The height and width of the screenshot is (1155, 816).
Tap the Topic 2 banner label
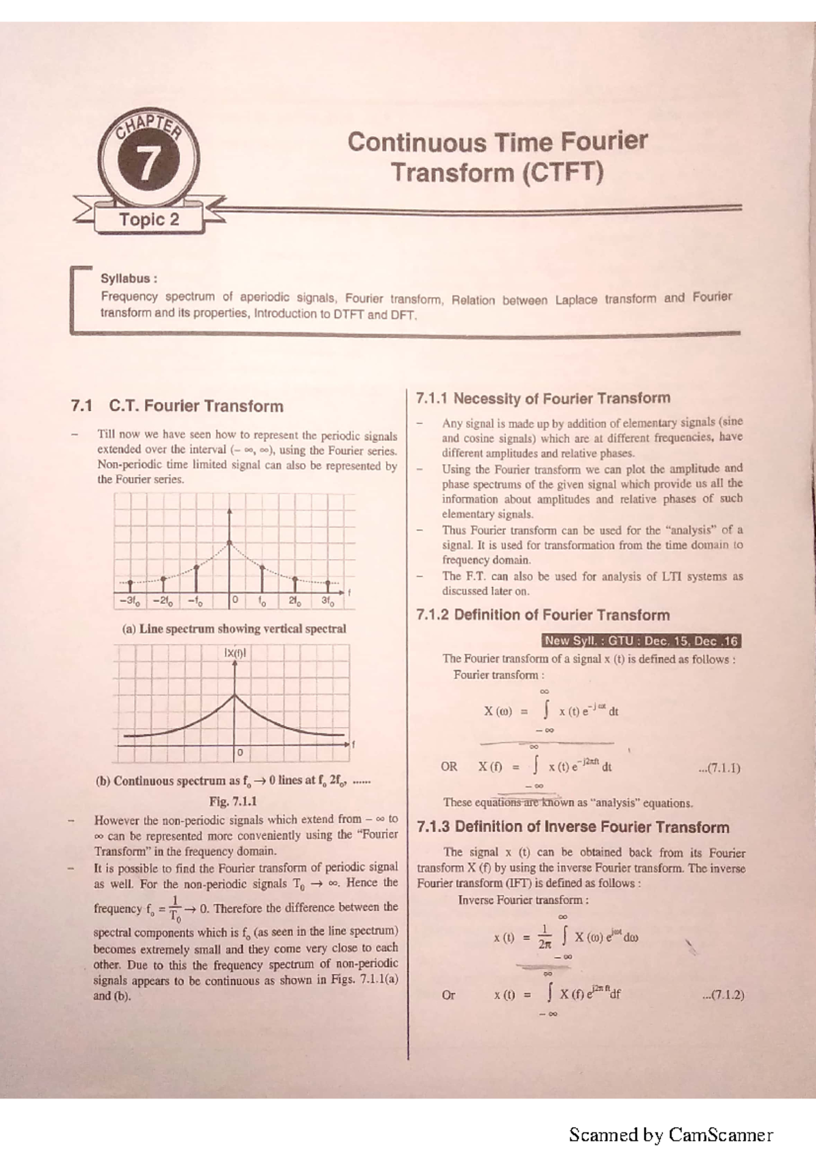149,220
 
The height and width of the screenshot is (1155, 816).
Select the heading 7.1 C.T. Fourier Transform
177,406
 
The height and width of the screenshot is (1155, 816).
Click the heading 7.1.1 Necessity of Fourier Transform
543,399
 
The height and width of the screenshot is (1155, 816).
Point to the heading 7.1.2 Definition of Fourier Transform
543,615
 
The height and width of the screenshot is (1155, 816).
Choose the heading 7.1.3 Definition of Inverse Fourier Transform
573,827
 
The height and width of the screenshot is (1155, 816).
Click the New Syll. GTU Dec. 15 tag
641,641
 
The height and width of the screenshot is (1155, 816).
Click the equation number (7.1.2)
722,994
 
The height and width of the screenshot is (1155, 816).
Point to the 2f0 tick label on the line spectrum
295,601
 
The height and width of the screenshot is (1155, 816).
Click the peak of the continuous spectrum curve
235,694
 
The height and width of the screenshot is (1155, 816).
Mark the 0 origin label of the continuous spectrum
239,753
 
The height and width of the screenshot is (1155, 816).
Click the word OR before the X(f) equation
449,767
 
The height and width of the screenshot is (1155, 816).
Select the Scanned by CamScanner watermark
670,1135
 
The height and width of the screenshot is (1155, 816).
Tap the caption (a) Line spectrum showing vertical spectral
234,629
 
